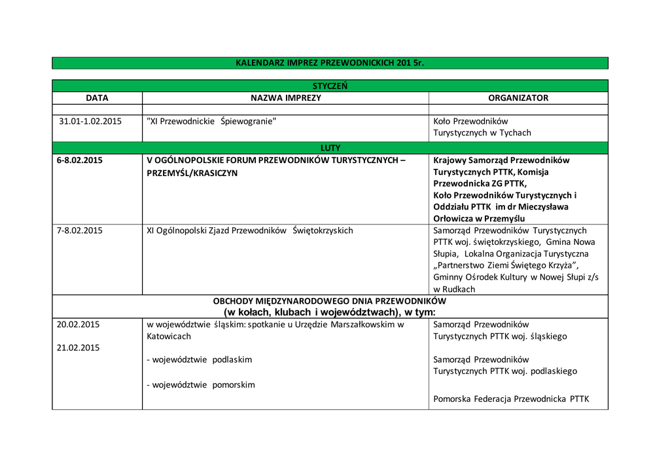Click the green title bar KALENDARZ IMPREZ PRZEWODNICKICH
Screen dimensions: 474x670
[x=330, y=63]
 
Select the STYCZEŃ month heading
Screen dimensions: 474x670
[x=330, y=86]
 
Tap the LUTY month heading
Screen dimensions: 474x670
[x=330, y=148]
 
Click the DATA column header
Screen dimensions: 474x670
[x=97, y=98]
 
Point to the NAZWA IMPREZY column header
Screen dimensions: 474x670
[x=286, y=98]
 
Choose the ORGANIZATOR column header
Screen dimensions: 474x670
[x=518, y=98]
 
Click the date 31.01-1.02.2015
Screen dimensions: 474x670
[x=90, y=121]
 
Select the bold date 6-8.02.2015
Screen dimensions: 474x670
[x=80, y=160]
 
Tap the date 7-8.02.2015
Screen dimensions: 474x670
[x=80, y=230]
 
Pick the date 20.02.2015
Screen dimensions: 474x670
[x=78, y=324]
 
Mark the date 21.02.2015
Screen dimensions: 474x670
[x=78, y=348]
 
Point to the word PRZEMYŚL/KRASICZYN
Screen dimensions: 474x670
[x=192, y=173]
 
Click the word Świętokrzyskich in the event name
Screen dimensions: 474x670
[x=323, y=230]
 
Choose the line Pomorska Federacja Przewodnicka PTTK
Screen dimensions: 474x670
[x=511, y=398]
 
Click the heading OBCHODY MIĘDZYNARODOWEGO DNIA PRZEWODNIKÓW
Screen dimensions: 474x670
[x=330, y=301]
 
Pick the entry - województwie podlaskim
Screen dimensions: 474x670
[x=199, y=360]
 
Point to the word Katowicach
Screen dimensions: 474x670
[x=169, y=337]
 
